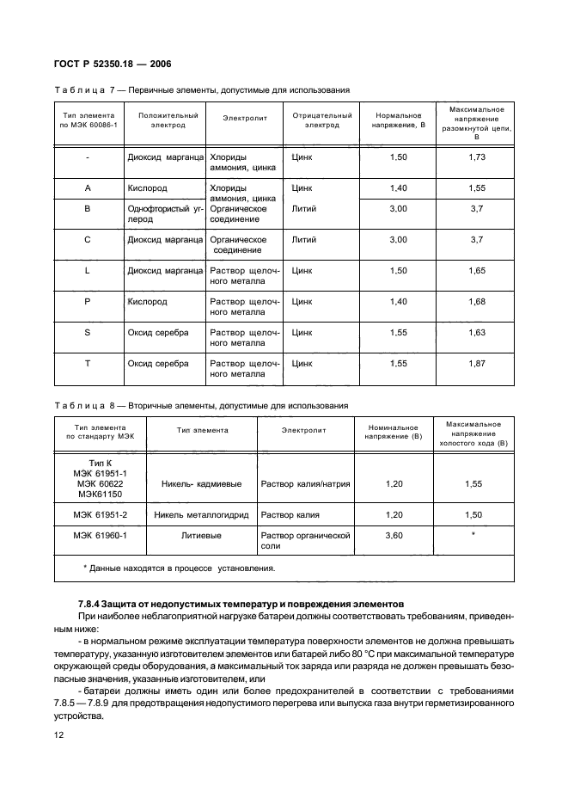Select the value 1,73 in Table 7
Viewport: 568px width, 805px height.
(x=477, y=157)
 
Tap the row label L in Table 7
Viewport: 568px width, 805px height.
(x=88, y=270)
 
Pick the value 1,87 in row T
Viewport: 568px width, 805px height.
(x=477, y=364)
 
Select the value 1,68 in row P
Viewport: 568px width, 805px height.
(x=477, y=302)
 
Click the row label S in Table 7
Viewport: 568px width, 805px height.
(x=88, y=332)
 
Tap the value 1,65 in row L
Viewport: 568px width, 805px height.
(x=477, y=270)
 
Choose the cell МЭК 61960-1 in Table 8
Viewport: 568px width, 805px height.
(x=101, y=535)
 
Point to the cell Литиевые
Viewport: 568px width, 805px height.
(x=203, y=535)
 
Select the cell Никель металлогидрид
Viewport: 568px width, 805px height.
(x=203, y=515)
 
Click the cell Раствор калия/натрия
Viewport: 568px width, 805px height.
(x=305, y=484)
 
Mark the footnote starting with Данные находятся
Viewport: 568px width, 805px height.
(x=179, y=568)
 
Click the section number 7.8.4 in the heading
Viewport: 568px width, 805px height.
(x=92, y=605)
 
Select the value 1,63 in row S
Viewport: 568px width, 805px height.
(x=477, y=332)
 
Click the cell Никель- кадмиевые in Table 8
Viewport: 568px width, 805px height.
(x=203, y=484)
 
